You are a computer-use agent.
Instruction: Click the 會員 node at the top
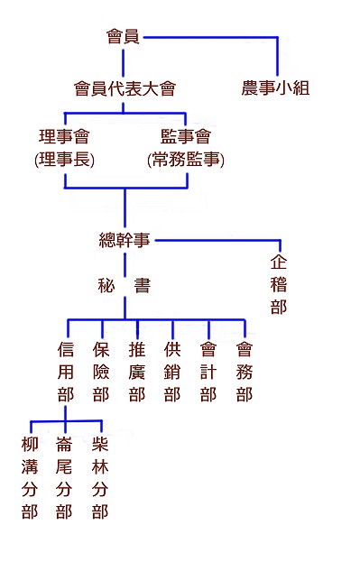[123, 37]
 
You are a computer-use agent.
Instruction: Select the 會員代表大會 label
[124, 88]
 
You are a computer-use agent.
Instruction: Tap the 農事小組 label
[276, 88]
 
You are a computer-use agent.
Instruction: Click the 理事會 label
[64, 137]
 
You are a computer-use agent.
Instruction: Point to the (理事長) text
[64, 160]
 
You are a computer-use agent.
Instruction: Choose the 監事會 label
[186, 137]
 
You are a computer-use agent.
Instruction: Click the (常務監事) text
[186, 160]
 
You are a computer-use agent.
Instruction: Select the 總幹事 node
[124, 240]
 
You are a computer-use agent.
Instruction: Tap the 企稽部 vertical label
[279, 284]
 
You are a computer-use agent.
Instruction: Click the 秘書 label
[124, 286]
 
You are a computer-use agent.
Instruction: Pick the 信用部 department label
[65, 372]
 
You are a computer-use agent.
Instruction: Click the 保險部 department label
[101, 372]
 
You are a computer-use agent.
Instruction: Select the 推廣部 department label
[137, 372]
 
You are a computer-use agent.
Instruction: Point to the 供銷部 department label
[172, 372]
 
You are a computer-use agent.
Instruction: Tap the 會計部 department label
[208, 372]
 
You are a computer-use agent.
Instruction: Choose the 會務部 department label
[245, 372]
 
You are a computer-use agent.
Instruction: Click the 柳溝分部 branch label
[30, 478]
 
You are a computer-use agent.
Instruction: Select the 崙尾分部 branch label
[65, 478]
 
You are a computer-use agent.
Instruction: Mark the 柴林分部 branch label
[101, 478]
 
